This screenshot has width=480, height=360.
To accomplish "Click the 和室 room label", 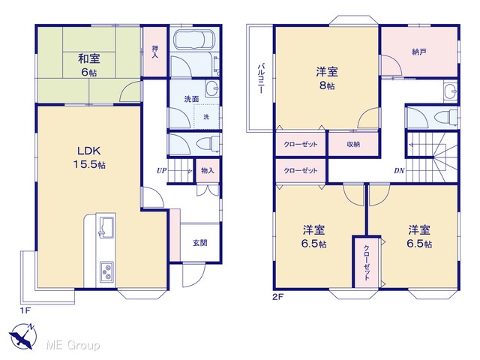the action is [89, 58].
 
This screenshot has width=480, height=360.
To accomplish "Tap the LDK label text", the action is [88, 151].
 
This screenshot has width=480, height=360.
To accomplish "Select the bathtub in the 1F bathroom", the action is [194, 40].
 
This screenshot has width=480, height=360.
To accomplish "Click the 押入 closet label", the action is [155, 52].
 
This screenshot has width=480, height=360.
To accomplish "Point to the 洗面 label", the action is [192, 99].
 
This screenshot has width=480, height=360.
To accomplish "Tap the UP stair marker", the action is [161, 170].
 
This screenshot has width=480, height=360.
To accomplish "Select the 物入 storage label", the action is [208, 171].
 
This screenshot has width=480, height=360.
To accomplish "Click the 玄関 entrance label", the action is [200, 243].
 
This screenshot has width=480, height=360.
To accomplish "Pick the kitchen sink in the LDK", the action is [106, 227].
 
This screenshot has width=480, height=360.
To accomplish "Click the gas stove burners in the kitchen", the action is [106, 271].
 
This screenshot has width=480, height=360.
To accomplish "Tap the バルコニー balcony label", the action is [261, 78].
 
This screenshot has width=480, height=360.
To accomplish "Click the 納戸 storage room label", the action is [419, 52].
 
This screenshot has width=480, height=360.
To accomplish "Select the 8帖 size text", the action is [327, 85].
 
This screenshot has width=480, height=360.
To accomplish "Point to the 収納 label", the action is [353, 144].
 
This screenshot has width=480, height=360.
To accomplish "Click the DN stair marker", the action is [399, 171].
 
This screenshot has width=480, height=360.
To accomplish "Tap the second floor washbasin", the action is [450, 91].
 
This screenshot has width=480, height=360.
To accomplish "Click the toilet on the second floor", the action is [445, 118].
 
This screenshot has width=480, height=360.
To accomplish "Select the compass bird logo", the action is [22, 336].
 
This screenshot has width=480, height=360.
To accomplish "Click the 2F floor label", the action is [277, 297].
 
